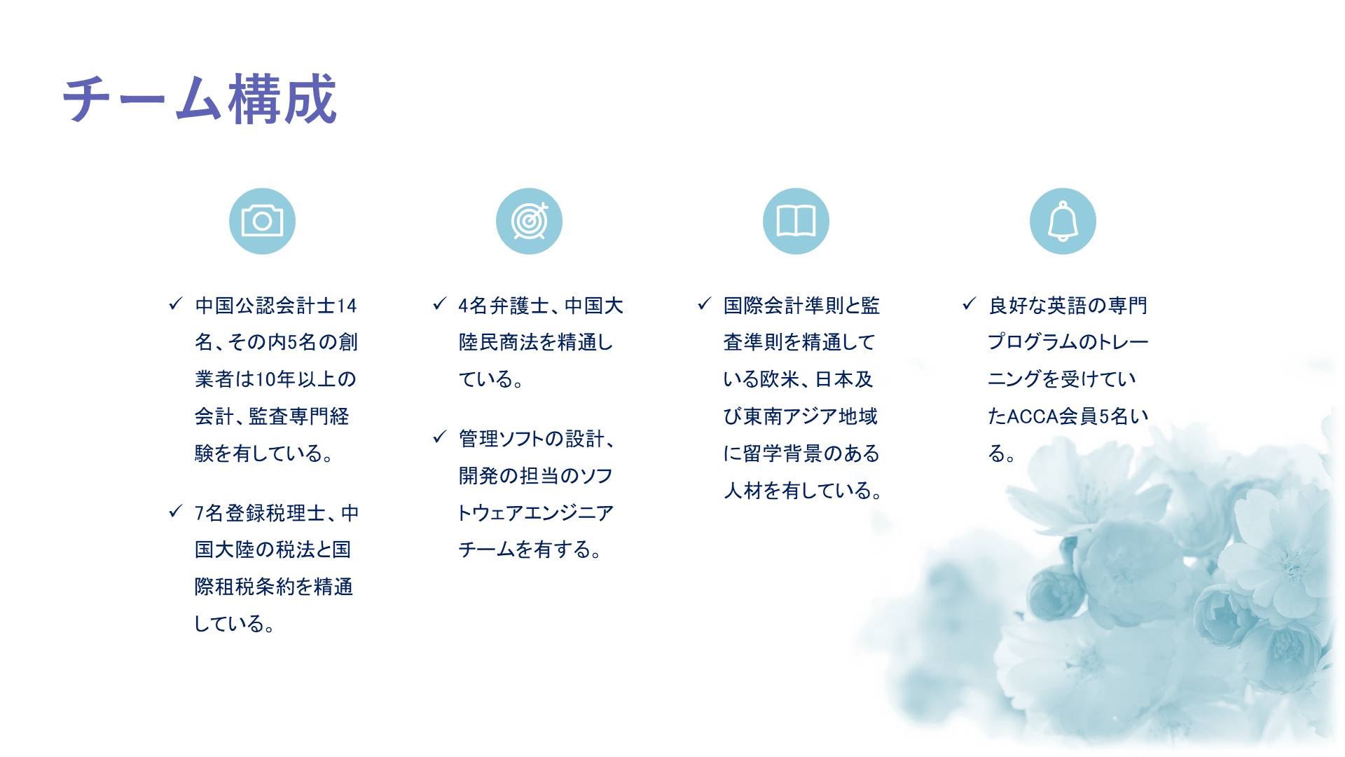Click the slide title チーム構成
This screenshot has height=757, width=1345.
(200, 99)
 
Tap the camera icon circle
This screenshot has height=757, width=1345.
(262, 221)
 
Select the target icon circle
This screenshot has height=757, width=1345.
(529, 221)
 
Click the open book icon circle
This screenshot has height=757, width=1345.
(796, 221)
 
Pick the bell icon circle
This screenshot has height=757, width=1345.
(1063, 221)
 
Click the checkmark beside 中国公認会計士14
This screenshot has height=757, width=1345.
(175, 304)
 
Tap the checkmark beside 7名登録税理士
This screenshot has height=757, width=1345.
(175, 512)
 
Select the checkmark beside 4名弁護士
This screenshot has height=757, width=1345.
(439, 304)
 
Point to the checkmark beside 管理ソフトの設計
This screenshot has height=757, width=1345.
(439, 437)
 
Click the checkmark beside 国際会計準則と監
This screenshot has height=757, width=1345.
(704, 304)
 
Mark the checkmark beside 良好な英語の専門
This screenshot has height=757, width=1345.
(969, 304)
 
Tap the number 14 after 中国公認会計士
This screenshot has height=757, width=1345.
(347, 306)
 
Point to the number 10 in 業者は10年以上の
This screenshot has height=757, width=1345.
(265, 380)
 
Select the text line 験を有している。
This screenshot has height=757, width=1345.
(265, 453)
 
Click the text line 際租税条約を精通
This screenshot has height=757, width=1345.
(274, 587)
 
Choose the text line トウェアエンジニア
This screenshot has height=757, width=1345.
(535, 513)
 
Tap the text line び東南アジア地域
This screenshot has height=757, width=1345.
(800, 416)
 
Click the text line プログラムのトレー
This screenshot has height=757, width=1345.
(1068, 342)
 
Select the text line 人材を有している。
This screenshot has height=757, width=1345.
(803, 491)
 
